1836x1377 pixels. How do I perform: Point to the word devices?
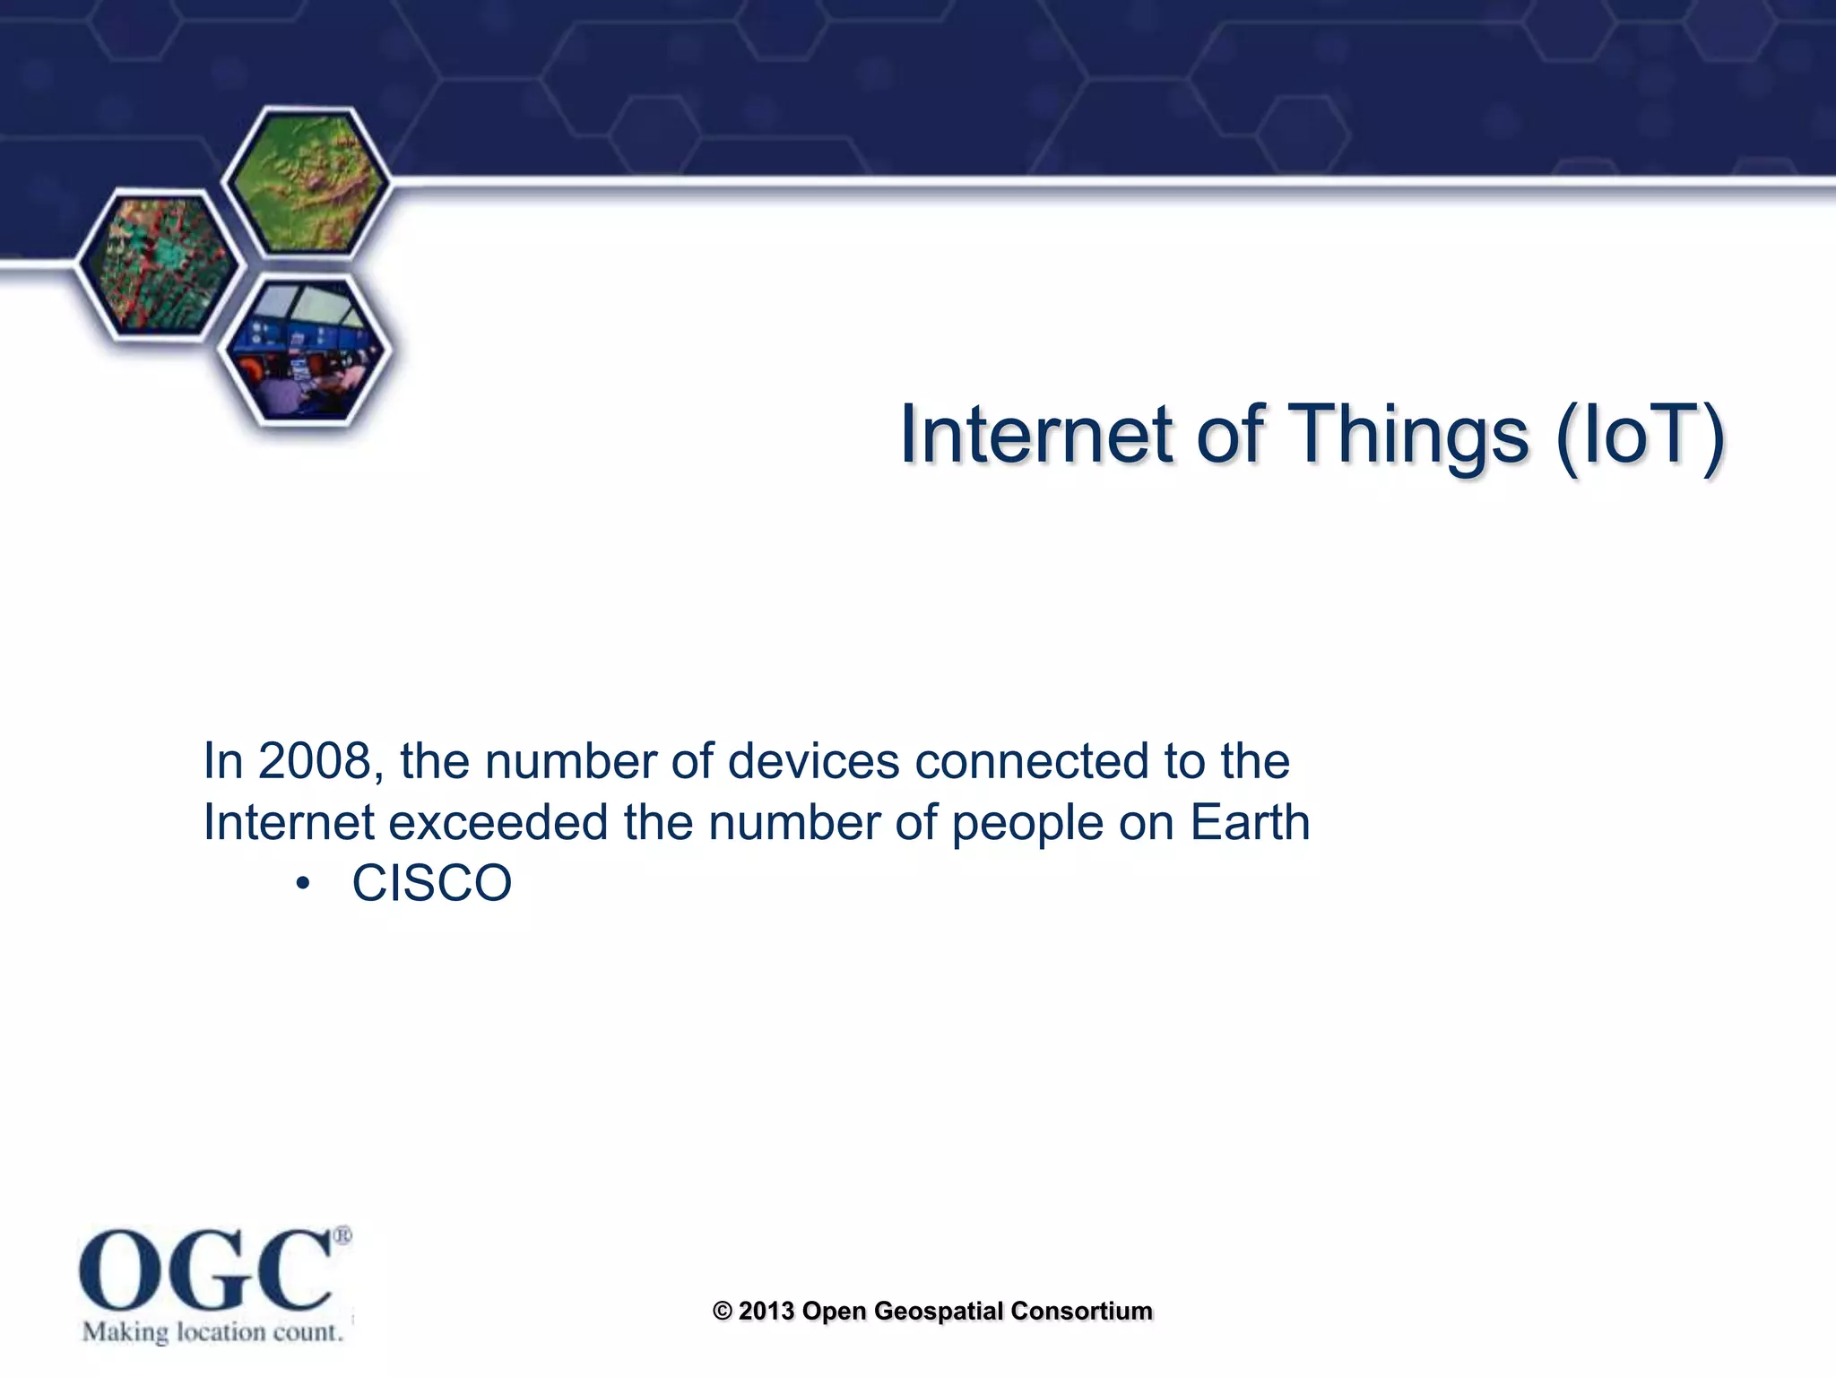813,761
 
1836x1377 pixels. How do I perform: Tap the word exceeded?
498,822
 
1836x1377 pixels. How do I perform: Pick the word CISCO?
432,883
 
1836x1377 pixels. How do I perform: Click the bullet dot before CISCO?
303,885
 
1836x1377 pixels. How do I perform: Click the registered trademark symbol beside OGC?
342,1236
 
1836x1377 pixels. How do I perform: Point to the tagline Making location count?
212,1332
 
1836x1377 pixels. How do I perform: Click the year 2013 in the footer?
766,1311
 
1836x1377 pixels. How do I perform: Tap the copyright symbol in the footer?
723,1311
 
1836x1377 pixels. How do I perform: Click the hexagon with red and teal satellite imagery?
160,265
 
